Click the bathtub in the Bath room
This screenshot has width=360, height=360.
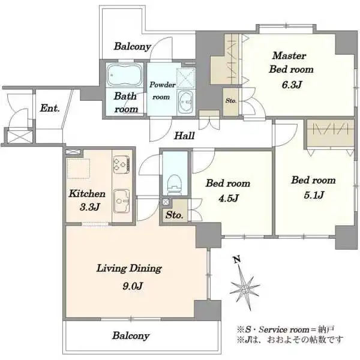click(124, 75)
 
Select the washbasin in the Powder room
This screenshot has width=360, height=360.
click(186, 102)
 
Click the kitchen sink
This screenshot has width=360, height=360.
click(122, 201)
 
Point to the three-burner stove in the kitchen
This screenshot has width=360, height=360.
click(121, 164)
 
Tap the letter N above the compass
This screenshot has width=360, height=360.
click(237, 260)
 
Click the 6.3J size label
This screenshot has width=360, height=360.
click(292, 85)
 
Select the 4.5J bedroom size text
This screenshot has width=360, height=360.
click(229, 197)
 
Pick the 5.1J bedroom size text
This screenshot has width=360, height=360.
click(314, 195)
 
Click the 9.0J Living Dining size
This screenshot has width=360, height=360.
click(133, 286)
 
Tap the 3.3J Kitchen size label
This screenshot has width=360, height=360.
click(90, 208)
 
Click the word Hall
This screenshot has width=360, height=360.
click(184, 136)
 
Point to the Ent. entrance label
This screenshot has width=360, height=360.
click(50, 108)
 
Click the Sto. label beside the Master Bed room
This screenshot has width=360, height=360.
click(231, 101)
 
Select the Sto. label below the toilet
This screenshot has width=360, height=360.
click(175, 215)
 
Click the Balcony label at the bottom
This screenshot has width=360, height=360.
click(131, 335)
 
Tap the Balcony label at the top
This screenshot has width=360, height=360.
click(133, 46)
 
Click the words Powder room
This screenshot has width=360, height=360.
click(162, 91)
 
